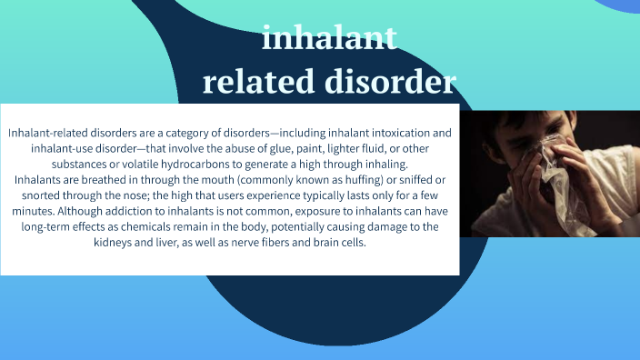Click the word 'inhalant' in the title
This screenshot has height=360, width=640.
click(x=328, y=39)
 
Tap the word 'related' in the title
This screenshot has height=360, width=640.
click(x=259, y=82)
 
